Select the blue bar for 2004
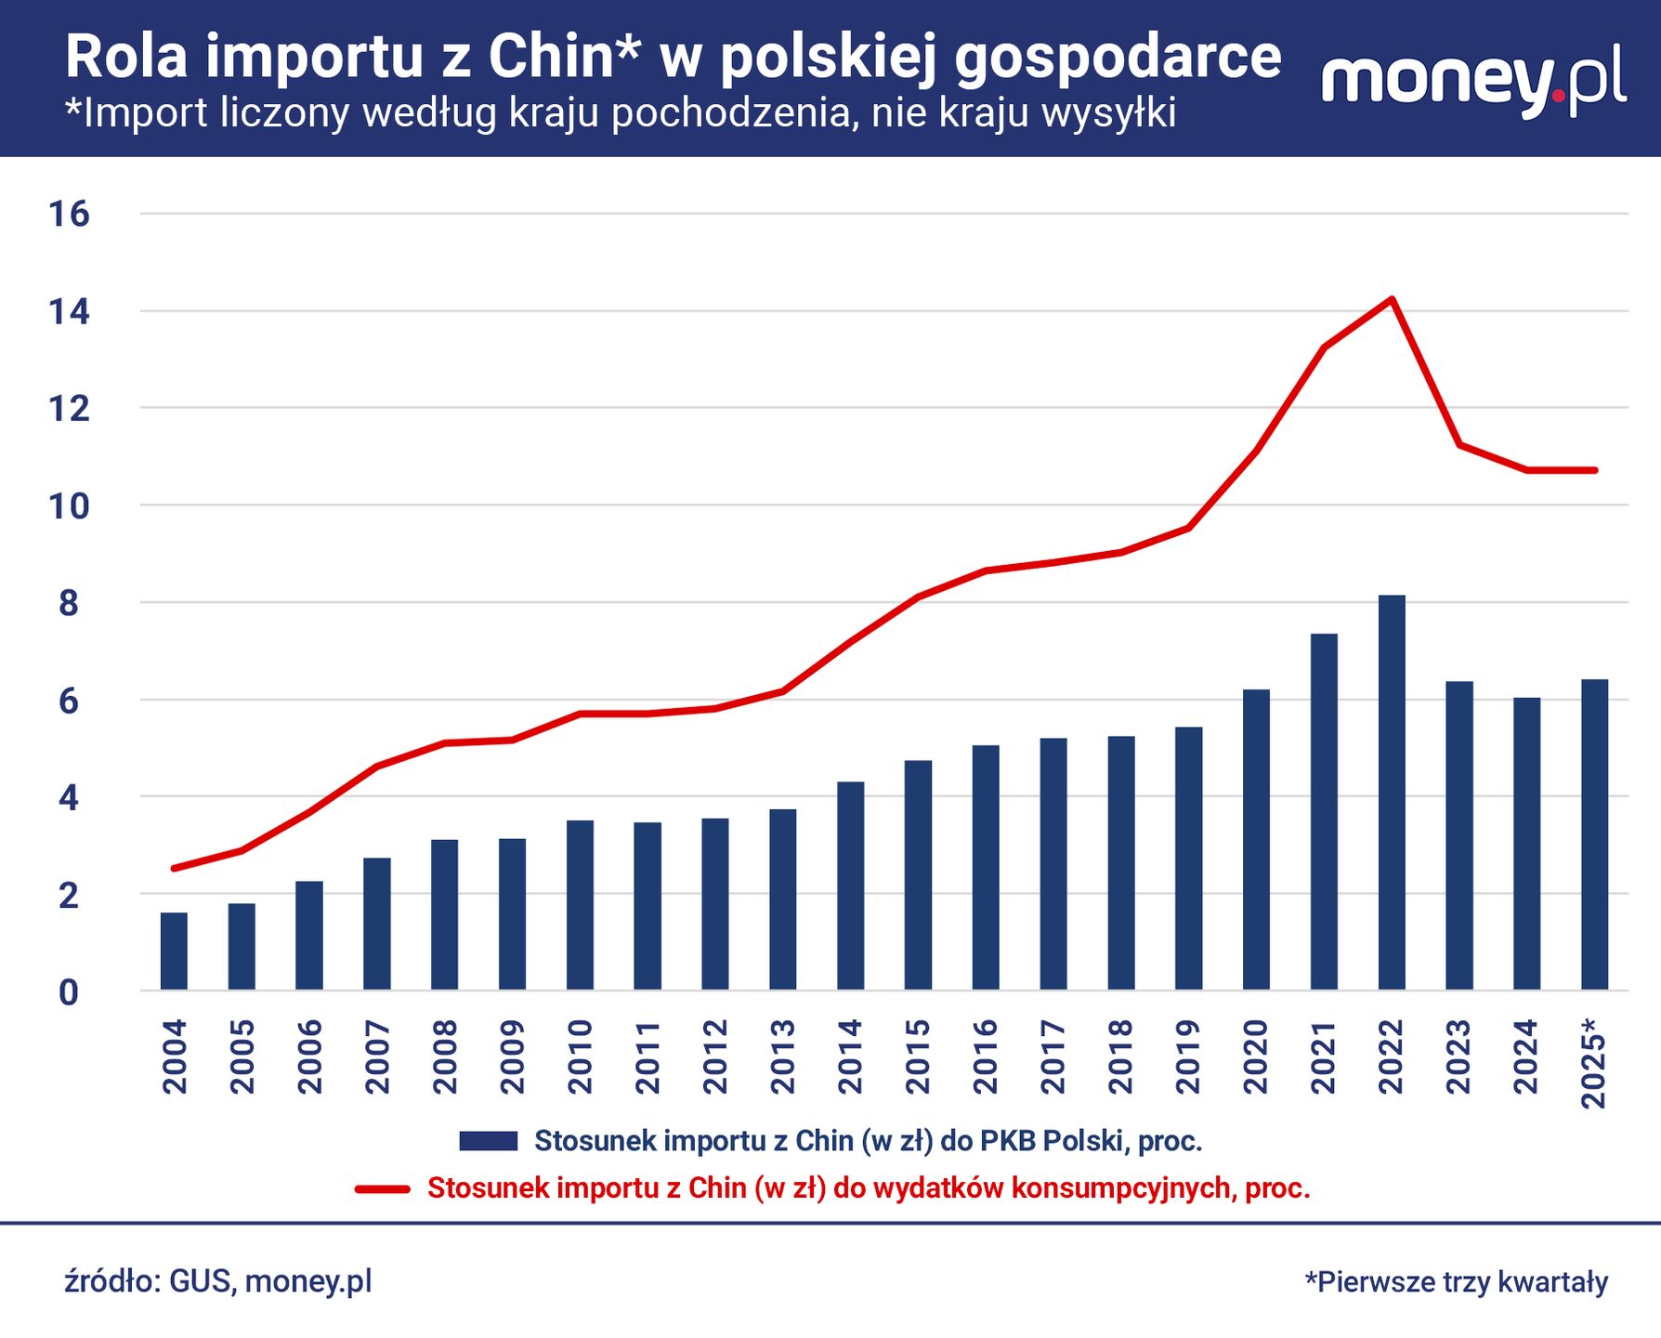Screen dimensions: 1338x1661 click(x=174, y=951)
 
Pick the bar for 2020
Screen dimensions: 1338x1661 click(x=1256, y=840)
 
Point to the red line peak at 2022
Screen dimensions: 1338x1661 click(x=1392, y=299)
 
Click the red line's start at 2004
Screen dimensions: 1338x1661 click(x=174, y=868)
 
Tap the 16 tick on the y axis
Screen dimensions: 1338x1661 click(x=69, y=215)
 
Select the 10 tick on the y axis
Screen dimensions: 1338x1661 click(x=69, y=506)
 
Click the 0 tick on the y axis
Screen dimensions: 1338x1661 click(x=69, y=992)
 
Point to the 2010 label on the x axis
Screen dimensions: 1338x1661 click(x=580, y=1056)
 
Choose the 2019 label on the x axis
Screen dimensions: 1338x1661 click(x=1188, y=1056)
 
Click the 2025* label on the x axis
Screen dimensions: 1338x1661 click(x=1594, y=1063)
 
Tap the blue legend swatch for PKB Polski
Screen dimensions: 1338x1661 click(x=488, y=1141)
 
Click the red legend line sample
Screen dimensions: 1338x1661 click(x=383, y=1188)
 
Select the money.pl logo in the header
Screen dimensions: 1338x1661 click(x=1473, y=81)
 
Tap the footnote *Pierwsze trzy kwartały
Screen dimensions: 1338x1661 click(x=1457, y=1281)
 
